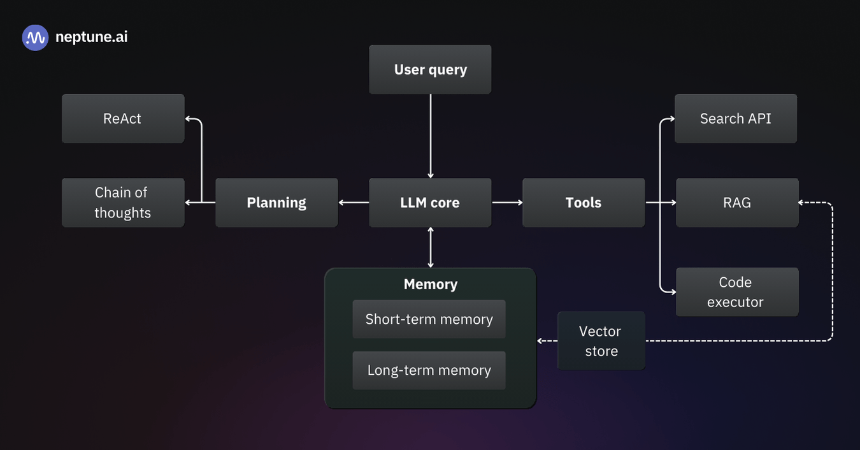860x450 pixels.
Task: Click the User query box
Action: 430,69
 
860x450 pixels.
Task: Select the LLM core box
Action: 430,203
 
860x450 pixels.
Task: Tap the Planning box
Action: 276,203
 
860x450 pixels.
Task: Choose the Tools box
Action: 584,203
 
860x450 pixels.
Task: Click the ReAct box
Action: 123,119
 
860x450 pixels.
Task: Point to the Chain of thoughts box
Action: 123,203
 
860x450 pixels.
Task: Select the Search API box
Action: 736,119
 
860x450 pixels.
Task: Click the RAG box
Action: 737,203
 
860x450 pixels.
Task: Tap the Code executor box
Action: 737,292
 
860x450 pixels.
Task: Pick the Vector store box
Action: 601,341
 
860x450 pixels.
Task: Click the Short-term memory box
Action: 429,319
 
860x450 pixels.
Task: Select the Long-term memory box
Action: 429,370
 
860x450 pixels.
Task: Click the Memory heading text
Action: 431,284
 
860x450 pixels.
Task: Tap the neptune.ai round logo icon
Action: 35,38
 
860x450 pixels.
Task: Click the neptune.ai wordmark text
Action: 91,37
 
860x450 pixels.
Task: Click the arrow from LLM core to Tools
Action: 507,203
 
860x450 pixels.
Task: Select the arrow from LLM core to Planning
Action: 354,203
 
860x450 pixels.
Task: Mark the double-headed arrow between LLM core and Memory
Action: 431,247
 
